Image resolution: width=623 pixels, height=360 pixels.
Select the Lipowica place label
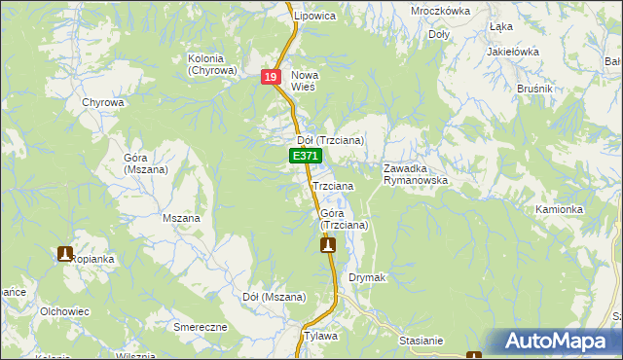(315, 17)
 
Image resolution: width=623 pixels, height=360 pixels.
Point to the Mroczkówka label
(440, 12)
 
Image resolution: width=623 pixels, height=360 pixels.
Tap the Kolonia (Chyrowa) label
(212, 64)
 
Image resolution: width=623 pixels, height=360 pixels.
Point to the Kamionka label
(559, 209)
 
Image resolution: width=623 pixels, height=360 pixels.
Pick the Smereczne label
(200, 327)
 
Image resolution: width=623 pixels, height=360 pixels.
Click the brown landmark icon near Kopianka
(65, 254)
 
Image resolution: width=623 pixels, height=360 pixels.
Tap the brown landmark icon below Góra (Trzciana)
(328, 245)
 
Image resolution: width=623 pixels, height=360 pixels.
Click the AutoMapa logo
(553, 342)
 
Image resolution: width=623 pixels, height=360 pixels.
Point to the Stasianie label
(421, 341)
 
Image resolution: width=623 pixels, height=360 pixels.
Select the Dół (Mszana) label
(275, 297)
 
